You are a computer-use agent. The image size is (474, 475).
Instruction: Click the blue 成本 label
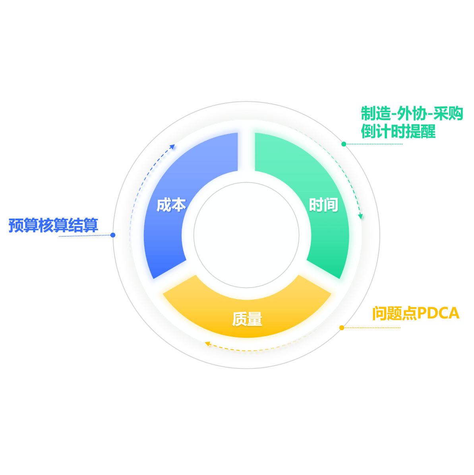(171, 205)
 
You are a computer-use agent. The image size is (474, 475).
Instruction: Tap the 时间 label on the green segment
(323, 205)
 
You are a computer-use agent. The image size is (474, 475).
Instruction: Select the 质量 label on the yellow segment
(247, 319)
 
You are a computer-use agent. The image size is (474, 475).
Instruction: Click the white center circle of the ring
(246, 235)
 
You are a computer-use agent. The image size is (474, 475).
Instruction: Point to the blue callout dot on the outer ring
(113, 235)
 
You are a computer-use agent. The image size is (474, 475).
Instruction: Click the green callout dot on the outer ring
(344, 144)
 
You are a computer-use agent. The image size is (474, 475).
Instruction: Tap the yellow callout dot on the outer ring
(342, 328)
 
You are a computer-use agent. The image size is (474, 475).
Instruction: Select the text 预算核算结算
(53, 225)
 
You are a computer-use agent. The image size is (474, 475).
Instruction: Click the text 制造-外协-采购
(412, 114)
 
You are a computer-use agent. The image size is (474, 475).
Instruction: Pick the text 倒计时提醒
(398, 131)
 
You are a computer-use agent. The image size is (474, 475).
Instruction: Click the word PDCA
(438, 313)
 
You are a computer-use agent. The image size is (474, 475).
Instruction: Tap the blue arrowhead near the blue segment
(172, 147)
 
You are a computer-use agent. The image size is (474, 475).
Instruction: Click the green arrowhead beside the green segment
(361, 217)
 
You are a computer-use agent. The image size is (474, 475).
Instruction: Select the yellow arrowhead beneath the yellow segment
(207, 344)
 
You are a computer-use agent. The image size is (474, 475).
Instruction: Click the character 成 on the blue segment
(164, 205)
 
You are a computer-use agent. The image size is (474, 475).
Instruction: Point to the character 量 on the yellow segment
(255, 319)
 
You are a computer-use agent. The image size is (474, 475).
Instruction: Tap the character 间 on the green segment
(331, 205)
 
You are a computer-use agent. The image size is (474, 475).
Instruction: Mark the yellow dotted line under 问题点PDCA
(373, 328)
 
